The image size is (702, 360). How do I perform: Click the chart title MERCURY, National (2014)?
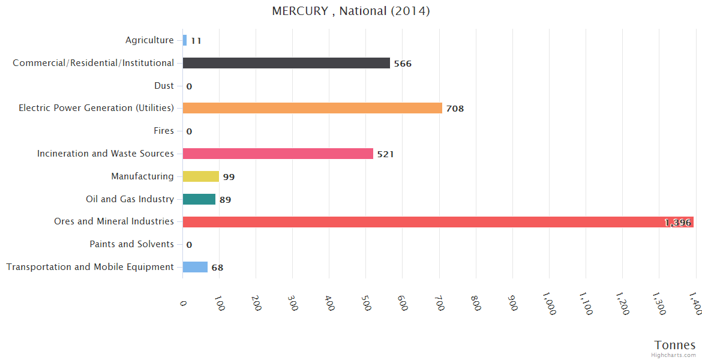point(351,11)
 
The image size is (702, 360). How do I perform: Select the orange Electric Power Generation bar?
point(312,108)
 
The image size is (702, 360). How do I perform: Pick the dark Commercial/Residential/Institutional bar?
point(286,63)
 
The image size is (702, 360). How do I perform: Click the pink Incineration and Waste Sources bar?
point(278,154)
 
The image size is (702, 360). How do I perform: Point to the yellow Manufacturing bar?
point(201,176)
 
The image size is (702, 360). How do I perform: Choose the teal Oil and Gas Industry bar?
point(199,199)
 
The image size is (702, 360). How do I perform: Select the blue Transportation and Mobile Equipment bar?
point(195,267)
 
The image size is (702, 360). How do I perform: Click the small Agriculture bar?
point(185,40)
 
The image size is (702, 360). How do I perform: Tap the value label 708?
point(455,109)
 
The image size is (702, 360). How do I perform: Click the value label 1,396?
point(677,223)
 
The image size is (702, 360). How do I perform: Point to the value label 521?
point(385,154)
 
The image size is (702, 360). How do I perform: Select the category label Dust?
point(164,86)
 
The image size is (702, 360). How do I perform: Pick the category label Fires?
point(164,131)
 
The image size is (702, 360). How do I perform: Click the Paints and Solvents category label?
point(131,244)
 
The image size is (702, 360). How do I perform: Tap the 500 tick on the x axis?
point(367,304)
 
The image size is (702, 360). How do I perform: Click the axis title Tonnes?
point(675,345)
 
